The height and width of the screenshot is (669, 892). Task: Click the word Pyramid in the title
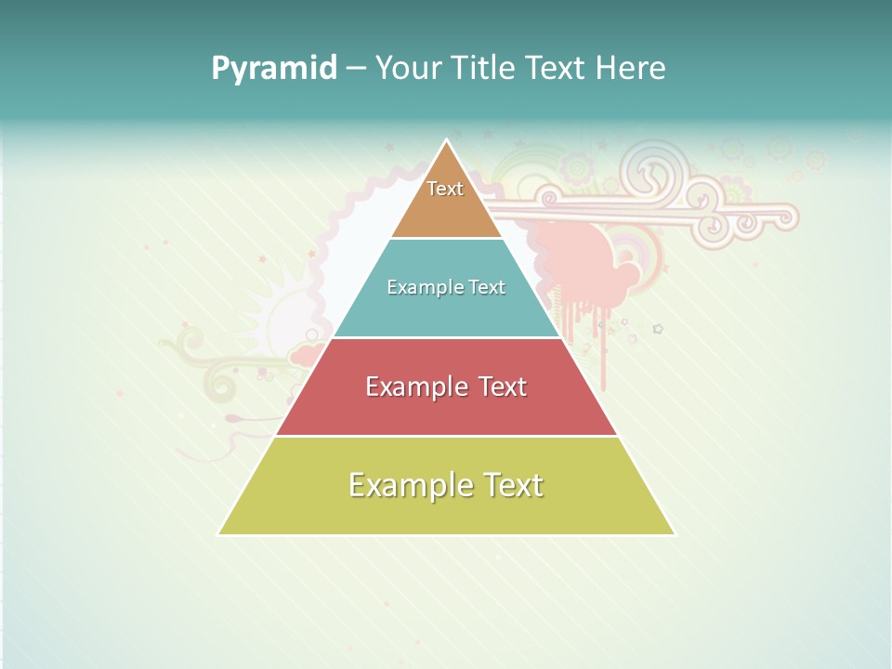pos(274,69)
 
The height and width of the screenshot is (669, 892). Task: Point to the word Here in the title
pos(631,69)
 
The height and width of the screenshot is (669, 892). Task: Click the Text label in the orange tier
pos(445,189)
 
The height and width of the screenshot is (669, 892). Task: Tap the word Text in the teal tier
pos(487,287)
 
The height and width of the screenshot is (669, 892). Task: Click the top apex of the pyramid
pos(447,141)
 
